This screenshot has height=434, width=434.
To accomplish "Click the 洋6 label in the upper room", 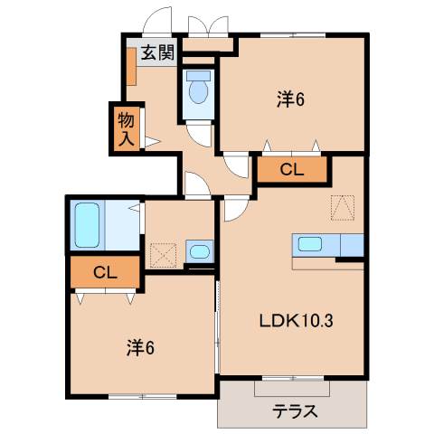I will [x=289, y=99].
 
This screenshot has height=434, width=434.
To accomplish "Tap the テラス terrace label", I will [x=295, y=411].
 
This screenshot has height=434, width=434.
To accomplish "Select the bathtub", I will [x=88, y=225].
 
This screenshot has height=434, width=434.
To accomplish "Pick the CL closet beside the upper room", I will [x=291, y=168].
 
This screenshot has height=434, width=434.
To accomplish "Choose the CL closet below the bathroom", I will [x=105, y=271].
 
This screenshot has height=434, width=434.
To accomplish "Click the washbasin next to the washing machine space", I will [x=199, y=250].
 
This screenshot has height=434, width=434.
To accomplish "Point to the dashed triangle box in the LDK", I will [x=343, y=208].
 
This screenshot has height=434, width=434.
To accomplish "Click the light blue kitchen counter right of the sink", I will [x=347, y=244].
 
